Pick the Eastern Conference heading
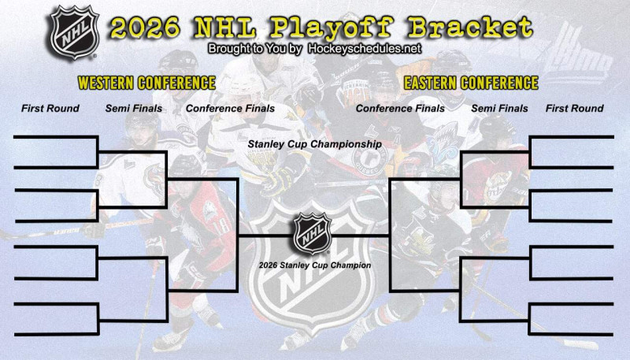(x=470, y=83)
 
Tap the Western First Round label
(x=50, y=109)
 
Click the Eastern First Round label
(x=574, y=109)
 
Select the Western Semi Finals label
(x=134, y=109)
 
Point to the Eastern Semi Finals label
(x=499, y=109)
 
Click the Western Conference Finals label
(x=230, y=109)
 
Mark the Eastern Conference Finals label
(x=400, y=109)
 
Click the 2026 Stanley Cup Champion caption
(x=314, y=265)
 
